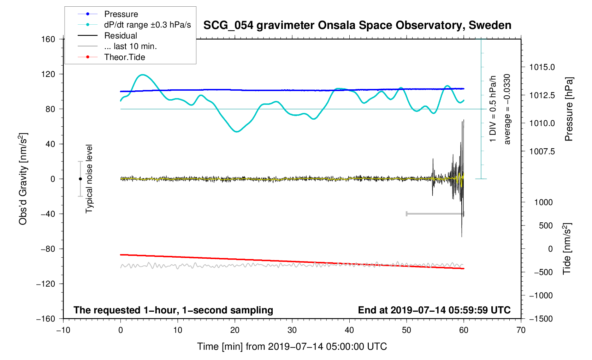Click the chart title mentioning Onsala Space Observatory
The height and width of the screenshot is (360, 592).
point(357,25)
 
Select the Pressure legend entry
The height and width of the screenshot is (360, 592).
point(121,14)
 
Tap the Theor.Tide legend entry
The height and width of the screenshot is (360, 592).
point(124,57)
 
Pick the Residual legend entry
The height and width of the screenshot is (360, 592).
point(120,36)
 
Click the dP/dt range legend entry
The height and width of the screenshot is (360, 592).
point(147,25)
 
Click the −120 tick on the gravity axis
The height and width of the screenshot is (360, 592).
point(46,284)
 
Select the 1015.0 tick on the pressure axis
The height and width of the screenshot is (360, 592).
point(542,67)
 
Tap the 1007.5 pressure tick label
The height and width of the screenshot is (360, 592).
point(542,151)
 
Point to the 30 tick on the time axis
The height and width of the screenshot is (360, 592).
point(292,330)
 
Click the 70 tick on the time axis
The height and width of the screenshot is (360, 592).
point(521,330)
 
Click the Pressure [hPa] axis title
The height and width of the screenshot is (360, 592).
point(568,109)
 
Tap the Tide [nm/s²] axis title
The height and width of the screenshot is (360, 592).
point(567,249)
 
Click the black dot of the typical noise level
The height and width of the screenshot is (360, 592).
point(81,179)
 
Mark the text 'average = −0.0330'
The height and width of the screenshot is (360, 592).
point(507,109)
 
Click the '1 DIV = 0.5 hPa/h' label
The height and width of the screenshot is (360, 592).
point(493,109)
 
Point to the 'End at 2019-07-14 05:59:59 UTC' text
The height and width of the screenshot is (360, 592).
point(434,310)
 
